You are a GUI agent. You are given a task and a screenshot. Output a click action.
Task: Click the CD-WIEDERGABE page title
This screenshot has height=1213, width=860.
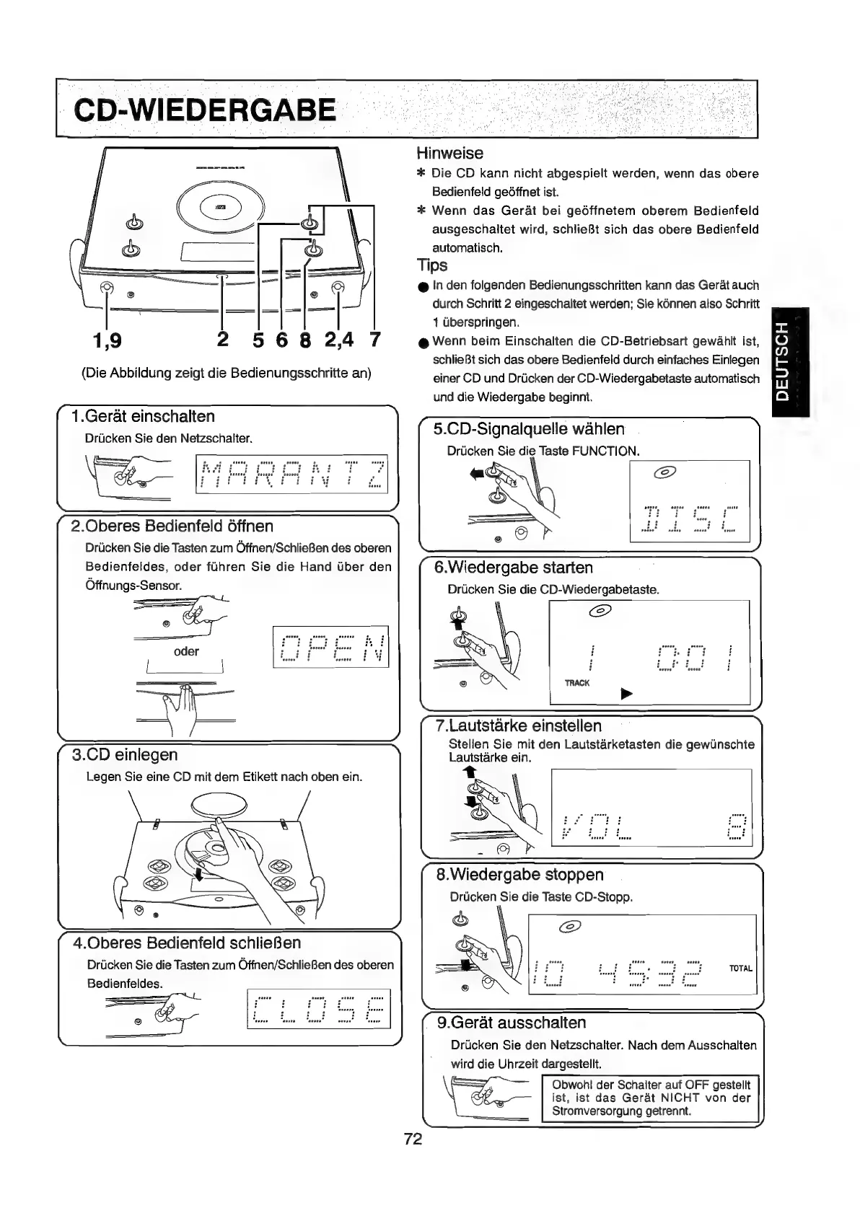[x=206, y=110]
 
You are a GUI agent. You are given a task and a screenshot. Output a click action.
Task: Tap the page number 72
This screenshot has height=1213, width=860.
[x=413, y=1139]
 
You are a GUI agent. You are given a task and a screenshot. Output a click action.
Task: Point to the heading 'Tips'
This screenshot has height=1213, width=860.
[x=432, y=265]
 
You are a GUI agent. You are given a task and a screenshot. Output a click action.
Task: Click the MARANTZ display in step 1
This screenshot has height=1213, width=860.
[x=291, y=473]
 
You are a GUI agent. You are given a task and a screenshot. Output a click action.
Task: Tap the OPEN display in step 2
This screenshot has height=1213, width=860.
[x=330, y=648]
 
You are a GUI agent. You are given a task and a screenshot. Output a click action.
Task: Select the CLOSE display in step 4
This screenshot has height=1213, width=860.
[x=318, y=1008]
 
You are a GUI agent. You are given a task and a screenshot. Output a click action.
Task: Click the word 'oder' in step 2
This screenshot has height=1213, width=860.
[x=186, y=651]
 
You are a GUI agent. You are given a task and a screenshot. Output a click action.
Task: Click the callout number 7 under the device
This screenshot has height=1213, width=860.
[x=374, y=339]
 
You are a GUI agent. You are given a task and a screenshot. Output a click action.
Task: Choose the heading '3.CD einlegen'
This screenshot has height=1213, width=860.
[x=125, y=754]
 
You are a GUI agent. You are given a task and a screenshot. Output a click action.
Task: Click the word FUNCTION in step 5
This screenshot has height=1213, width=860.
[x=605, y=451]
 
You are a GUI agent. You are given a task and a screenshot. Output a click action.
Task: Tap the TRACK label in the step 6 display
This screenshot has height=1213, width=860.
[x=578, y=682]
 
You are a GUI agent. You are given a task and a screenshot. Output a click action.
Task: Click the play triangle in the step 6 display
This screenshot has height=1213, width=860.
[x=626, y=694]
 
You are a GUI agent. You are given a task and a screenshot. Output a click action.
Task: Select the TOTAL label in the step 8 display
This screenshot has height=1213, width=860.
[x=741, y=969]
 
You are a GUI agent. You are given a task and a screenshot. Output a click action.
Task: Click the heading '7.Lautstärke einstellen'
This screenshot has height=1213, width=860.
[x=519, y=725]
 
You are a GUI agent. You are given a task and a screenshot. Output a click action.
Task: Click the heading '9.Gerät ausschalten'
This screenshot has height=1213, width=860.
[x=512, y=1023]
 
